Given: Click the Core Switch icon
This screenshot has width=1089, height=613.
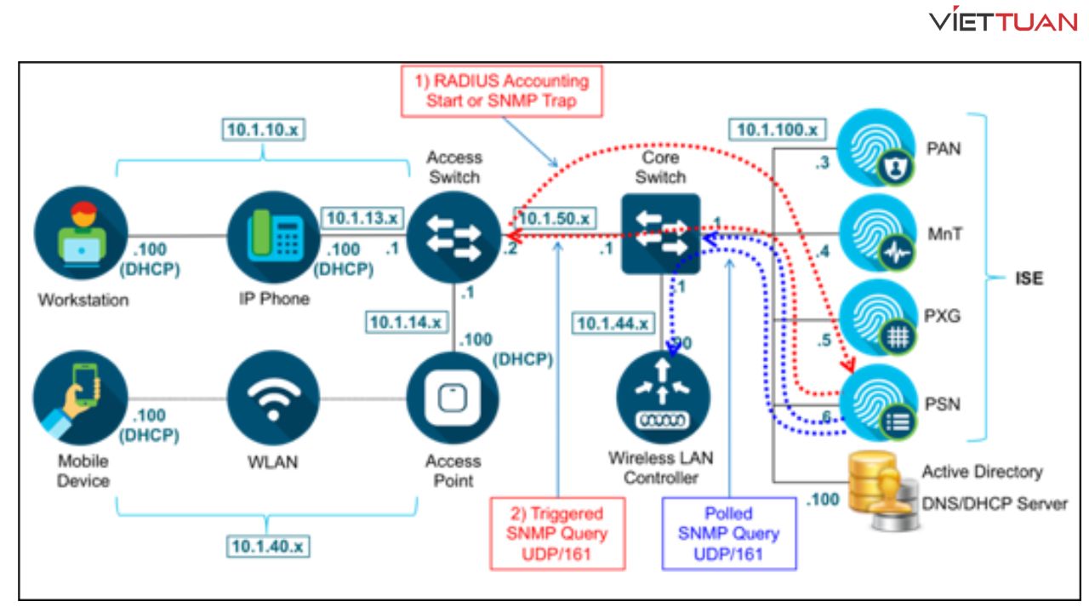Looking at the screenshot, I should pos(660,234).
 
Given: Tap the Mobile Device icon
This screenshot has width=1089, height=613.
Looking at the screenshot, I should pos(81,397).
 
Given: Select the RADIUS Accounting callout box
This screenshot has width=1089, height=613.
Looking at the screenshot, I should pos(502,91).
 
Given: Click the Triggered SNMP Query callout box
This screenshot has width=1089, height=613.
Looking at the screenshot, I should pos(557,533).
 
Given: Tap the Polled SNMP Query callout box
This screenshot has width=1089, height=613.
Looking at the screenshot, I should pos(729,533).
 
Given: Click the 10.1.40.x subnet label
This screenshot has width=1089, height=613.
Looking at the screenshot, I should pos(265,547).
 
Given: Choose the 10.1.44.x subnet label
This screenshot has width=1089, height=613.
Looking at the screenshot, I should pos(613,324).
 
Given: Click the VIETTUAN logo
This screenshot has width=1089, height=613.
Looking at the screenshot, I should pos(1003,21).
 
